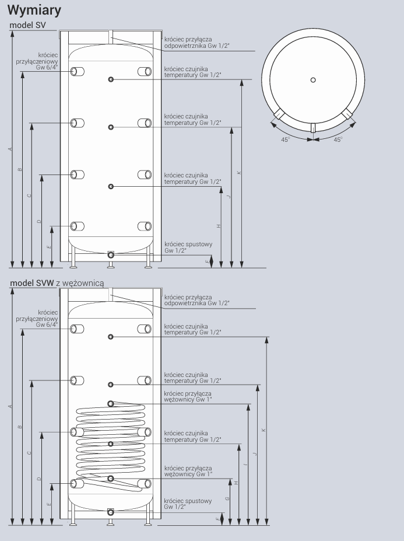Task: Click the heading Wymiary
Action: (34, 11)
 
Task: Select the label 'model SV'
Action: (27, 25)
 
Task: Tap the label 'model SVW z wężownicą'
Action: (57, 283)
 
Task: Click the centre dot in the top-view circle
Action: (313, 80)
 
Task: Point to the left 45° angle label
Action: (286, 139)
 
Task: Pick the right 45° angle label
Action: (338, 139)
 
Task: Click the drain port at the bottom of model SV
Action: (111, 255)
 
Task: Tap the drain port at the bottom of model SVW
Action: (111, 512)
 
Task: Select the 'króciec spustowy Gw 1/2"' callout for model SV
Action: (188, 247)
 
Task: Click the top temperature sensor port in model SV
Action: (111, 80)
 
